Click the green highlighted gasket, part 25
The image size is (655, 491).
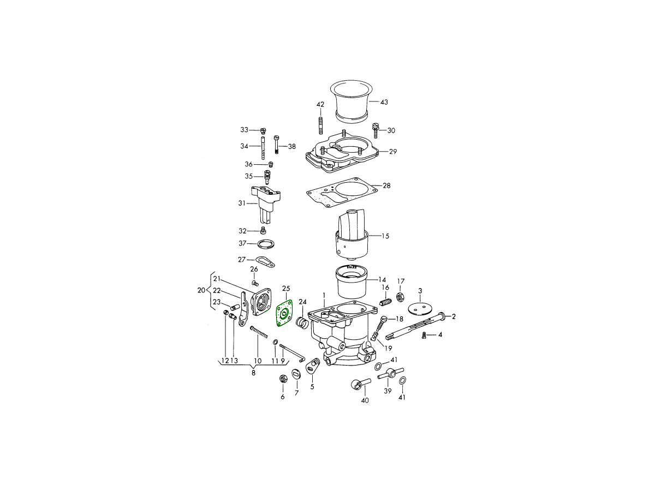(284, 313)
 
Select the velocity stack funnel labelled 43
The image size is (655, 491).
(352, 101)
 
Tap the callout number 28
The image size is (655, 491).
(386, 185)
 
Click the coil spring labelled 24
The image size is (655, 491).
(302, 323)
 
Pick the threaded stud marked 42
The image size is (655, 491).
(321, 126)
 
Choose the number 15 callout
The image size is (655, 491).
(385, 236)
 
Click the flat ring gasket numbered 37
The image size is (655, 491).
(266, 244)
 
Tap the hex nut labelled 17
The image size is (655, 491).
(400, 297)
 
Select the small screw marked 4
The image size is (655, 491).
(424, 336)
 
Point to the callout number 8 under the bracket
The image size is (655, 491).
(253, 373)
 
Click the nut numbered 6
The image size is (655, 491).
(282, 379)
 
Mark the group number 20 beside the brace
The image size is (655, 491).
(201, 290)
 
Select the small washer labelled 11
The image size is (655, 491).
(276, 342)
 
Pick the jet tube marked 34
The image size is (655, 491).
(263, 148)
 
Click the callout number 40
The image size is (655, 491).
(365, 400)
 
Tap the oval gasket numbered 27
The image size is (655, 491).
(265, 261)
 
